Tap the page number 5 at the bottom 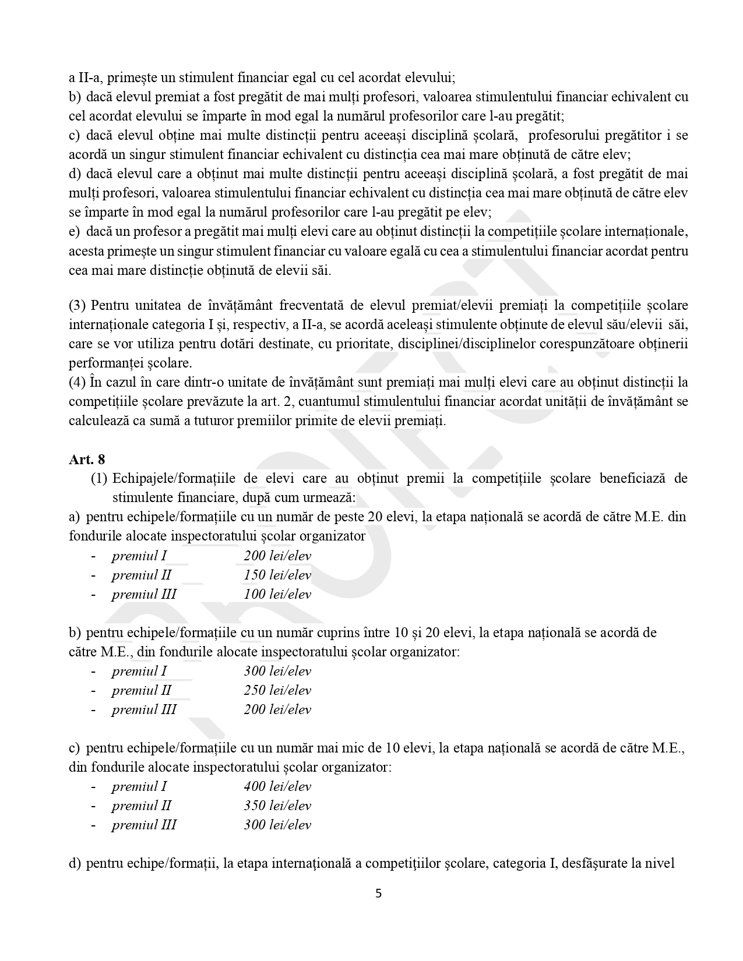(378, 893)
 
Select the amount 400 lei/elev (277, 786)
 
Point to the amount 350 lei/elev (277, 805)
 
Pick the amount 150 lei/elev (277, 575)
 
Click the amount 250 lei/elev (277, 690)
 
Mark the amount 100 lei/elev (277, 594)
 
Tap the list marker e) (74, 232)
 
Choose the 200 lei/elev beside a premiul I (277, 556)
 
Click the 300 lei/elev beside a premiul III (277, 825)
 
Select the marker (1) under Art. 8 (99, 478)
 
